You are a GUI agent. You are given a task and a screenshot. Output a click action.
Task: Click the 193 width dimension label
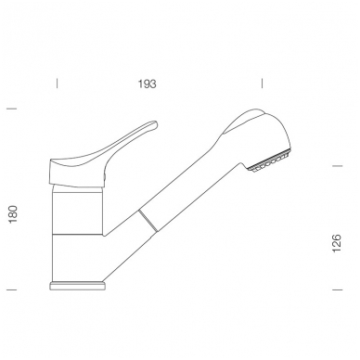point(148,84)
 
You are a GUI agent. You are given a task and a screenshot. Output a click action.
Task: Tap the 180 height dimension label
point(13,214)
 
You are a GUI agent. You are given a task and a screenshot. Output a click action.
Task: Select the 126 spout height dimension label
point(337,243)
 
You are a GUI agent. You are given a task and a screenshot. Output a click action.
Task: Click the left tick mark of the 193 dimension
point(57,84)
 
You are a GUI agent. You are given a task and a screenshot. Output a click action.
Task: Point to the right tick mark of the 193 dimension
point(262,84)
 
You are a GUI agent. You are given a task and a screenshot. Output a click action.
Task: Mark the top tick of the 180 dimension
point(11,109)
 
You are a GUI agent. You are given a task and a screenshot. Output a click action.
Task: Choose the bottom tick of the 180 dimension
point(11,289)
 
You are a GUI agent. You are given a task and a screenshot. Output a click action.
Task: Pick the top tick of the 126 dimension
point(338,166)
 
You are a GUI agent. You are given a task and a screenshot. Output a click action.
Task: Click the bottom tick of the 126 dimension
point(338,289)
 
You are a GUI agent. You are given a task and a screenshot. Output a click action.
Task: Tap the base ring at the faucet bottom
point(78,286)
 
